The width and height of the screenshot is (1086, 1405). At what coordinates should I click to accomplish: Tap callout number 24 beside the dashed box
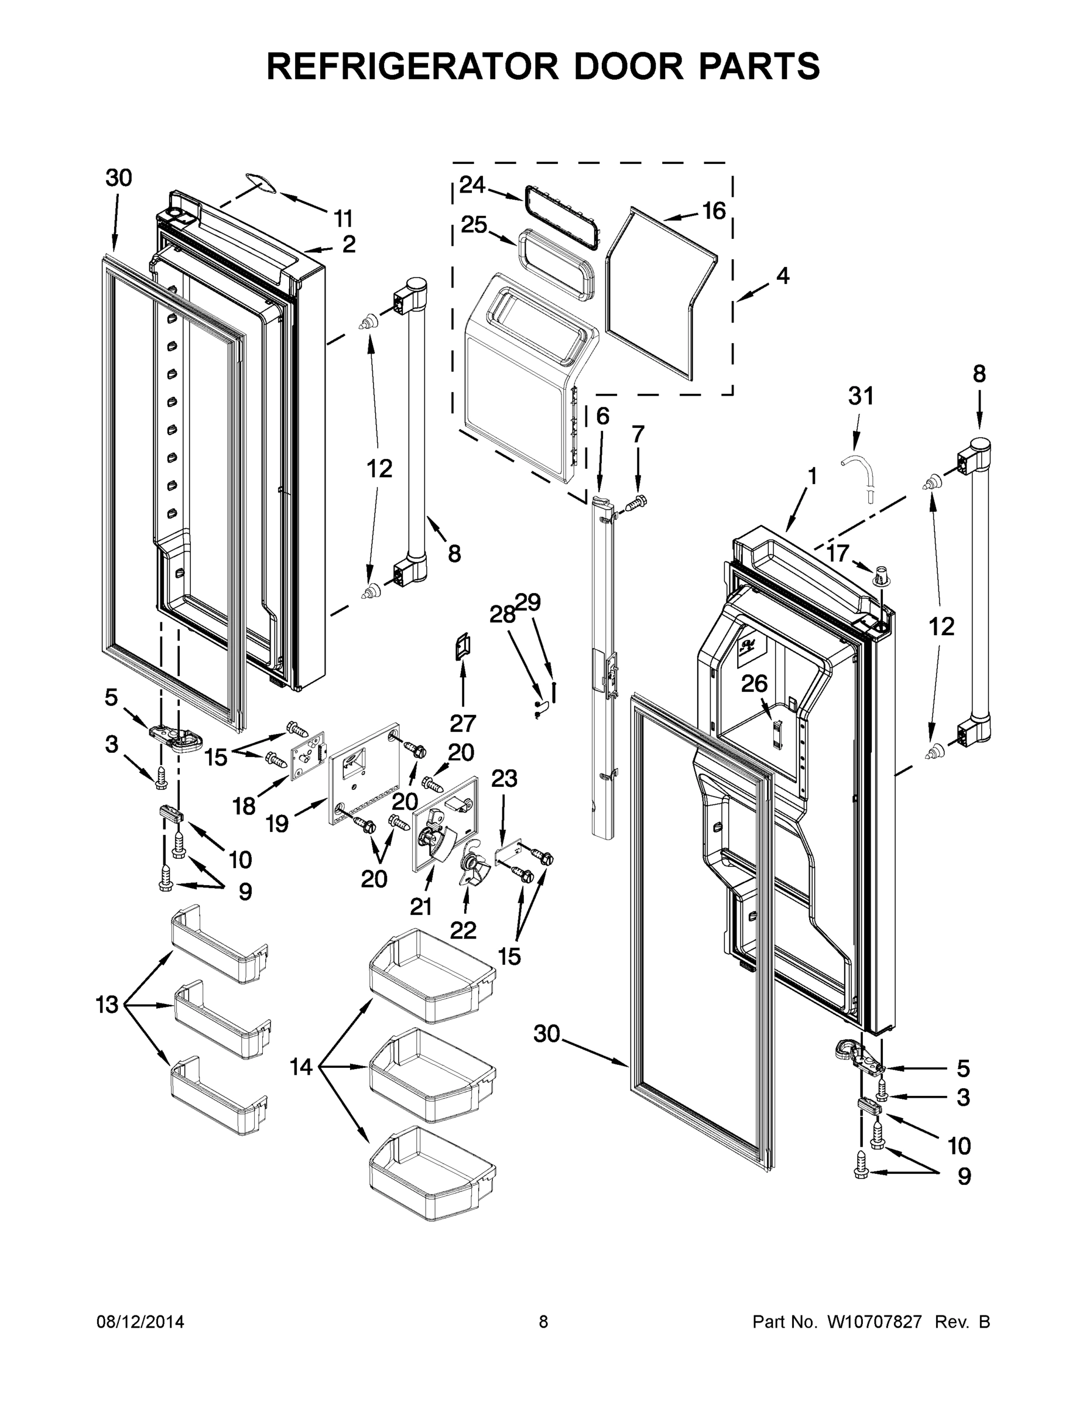(472, 185)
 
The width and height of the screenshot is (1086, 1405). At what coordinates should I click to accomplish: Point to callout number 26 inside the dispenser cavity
(754, 683)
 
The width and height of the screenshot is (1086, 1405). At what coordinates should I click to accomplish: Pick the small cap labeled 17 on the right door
(882, 575)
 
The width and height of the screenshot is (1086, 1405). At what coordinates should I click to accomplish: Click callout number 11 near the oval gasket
(344, 219)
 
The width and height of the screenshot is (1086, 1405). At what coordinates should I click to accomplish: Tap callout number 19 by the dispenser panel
(278, 824)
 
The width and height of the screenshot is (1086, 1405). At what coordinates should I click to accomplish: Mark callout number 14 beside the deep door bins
(300, 1067)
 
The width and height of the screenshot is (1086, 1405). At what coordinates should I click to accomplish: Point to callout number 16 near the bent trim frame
(714, 210)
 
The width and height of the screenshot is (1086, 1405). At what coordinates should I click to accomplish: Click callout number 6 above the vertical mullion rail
(602, 416)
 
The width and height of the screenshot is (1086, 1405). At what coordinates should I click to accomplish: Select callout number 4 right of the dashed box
(782, 275)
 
